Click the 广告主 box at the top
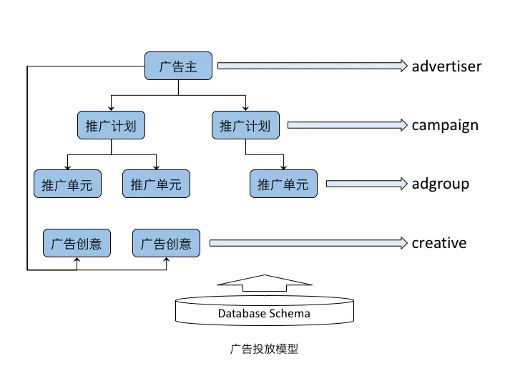178,66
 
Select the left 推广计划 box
111,126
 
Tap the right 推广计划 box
245,126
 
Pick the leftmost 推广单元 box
67,184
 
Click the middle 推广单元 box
156,184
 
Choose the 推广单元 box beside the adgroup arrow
283,184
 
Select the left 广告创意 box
77,244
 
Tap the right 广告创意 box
166,244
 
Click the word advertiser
446,66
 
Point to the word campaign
444,126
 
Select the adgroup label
440,184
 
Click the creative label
438,244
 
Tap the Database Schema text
264,313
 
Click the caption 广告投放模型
264,350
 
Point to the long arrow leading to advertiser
312,66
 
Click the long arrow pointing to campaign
347,126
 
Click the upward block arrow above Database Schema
264,284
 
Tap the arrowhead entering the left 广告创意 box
77,261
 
